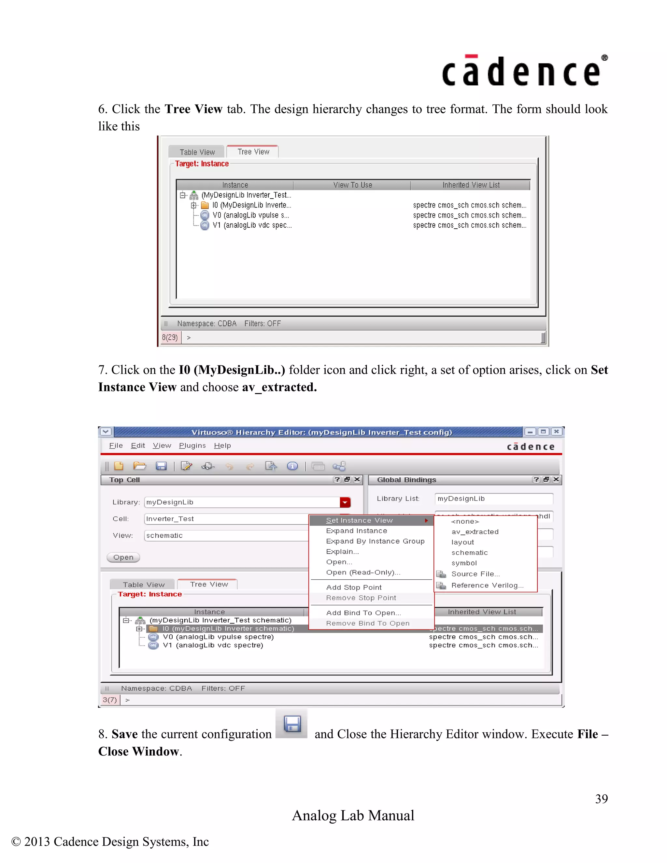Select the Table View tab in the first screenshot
pos(197,152)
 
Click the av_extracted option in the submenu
pos(475,532)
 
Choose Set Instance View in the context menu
pos(359,520)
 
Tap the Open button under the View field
pos(123,557)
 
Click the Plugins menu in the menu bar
pos(192,445)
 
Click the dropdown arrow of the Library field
pos(345,502)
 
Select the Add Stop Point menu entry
pos(354,587)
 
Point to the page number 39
pos(601,799)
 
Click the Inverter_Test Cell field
pos(225,519)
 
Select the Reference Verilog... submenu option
pos(487,585)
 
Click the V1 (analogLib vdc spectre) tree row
pos(213,645)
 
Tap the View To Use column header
pos(352,185)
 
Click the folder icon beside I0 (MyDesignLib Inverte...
pos(205,205)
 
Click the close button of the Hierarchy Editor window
pos(556,431)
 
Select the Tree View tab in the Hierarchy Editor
pos(209,584)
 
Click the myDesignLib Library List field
pos(493,499)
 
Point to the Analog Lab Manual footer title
pos(353,815)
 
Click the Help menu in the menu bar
pos(222,445)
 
